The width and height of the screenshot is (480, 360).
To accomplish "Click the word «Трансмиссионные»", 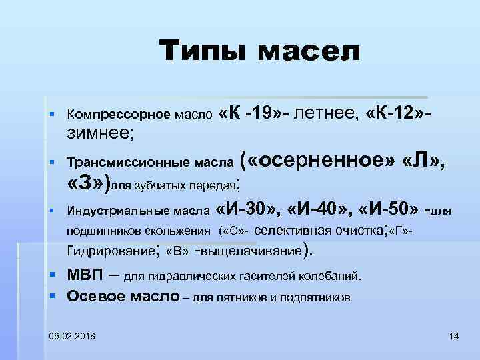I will (117, 162).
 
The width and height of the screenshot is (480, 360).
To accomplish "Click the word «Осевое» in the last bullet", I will (96, 296).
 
